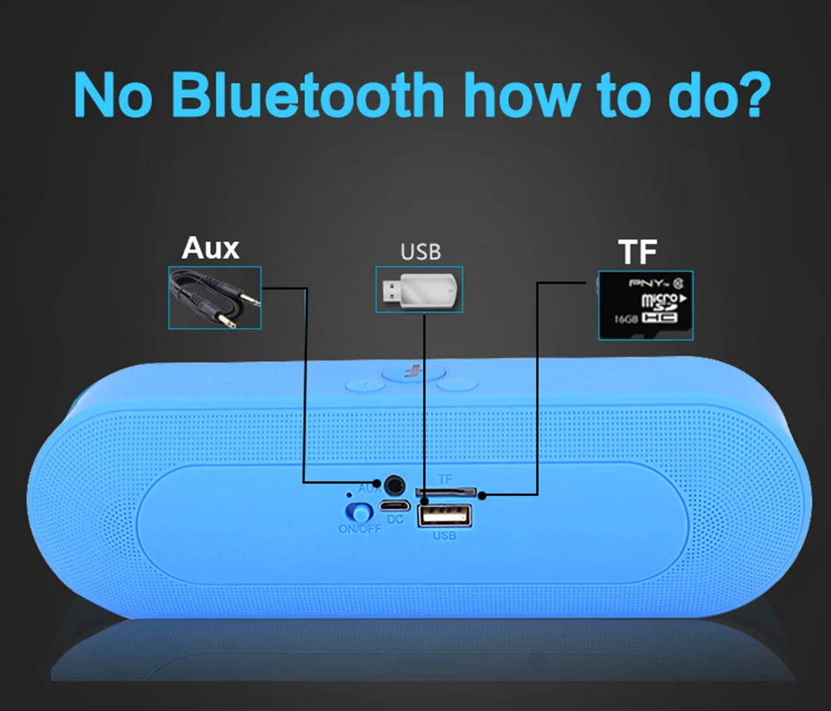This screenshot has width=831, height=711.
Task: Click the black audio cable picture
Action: (214, 297)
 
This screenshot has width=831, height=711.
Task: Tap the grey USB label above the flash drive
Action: (420, 251)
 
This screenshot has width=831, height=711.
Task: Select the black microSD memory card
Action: (646, 304)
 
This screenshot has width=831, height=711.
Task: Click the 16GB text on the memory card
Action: (627, 318)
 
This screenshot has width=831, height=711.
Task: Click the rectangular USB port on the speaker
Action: (444, 516)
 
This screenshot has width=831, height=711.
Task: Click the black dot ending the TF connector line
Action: (481, 496)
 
